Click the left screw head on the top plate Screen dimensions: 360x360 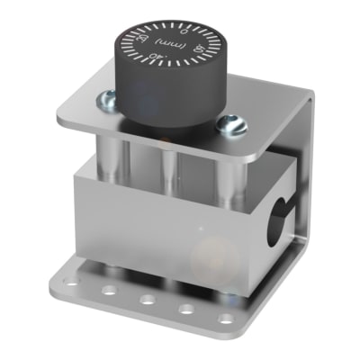coord(107,99)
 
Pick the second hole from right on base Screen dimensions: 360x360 coord(186,310)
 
